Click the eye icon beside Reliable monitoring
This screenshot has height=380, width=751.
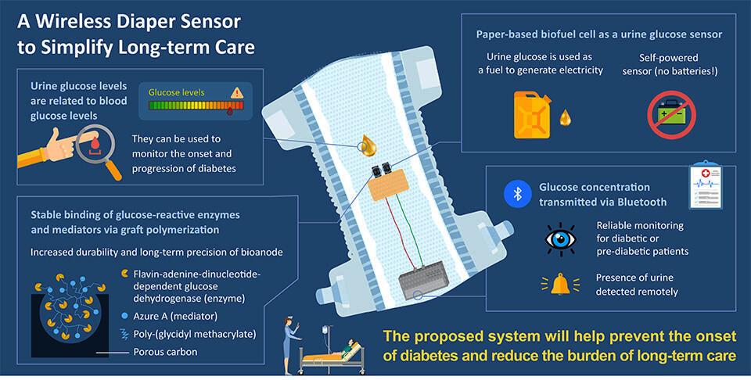(x=562, y=235)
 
